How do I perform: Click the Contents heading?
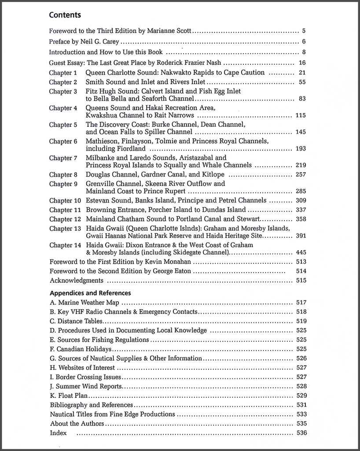(65, 15)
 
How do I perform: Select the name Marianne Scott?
(171, 32)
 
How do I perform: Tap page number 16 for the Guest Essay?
(302, 63)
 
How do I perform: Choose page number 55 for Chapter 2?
(302, 82)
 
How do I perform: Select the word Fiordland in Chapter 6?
(129, 149)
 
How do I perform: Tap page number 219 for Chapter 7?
(301, 165)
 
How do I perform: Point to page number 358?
(301, 219)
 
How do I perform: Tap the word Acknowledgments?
(77, 281)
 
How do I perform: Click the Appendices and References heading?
(90, 293)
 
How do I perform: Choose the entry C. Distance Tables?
(76, 321)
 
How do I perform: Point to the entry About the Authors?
(77, 424)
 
